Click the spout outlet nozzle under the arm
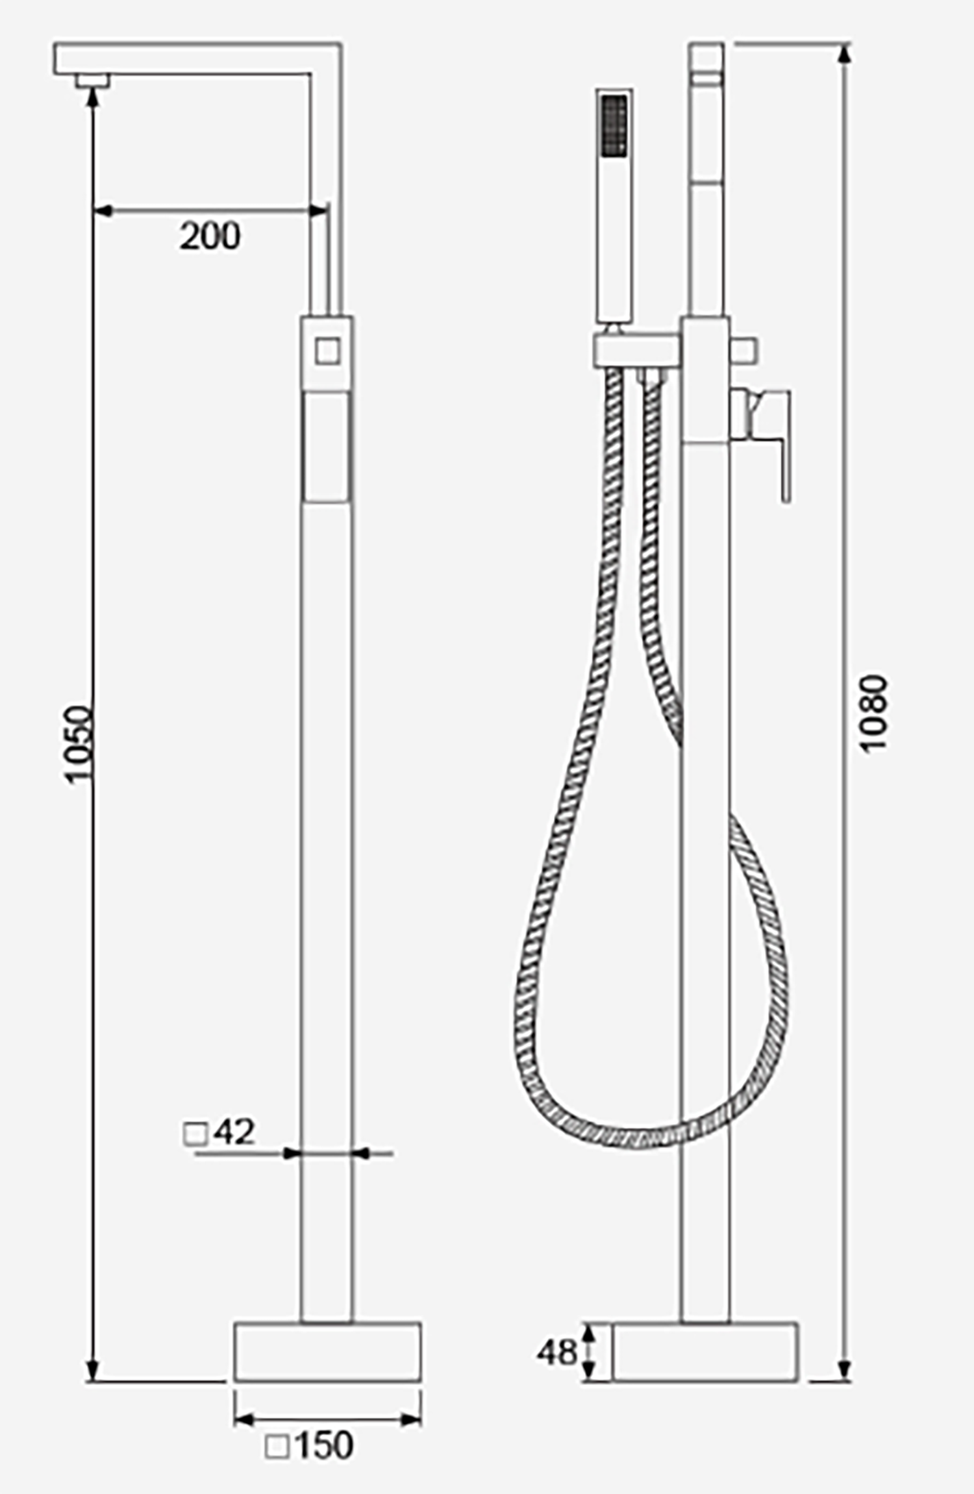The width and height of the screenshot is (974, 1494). (92, 81)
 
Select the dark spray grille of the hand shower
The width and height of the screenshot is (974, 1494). (615, 125)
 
